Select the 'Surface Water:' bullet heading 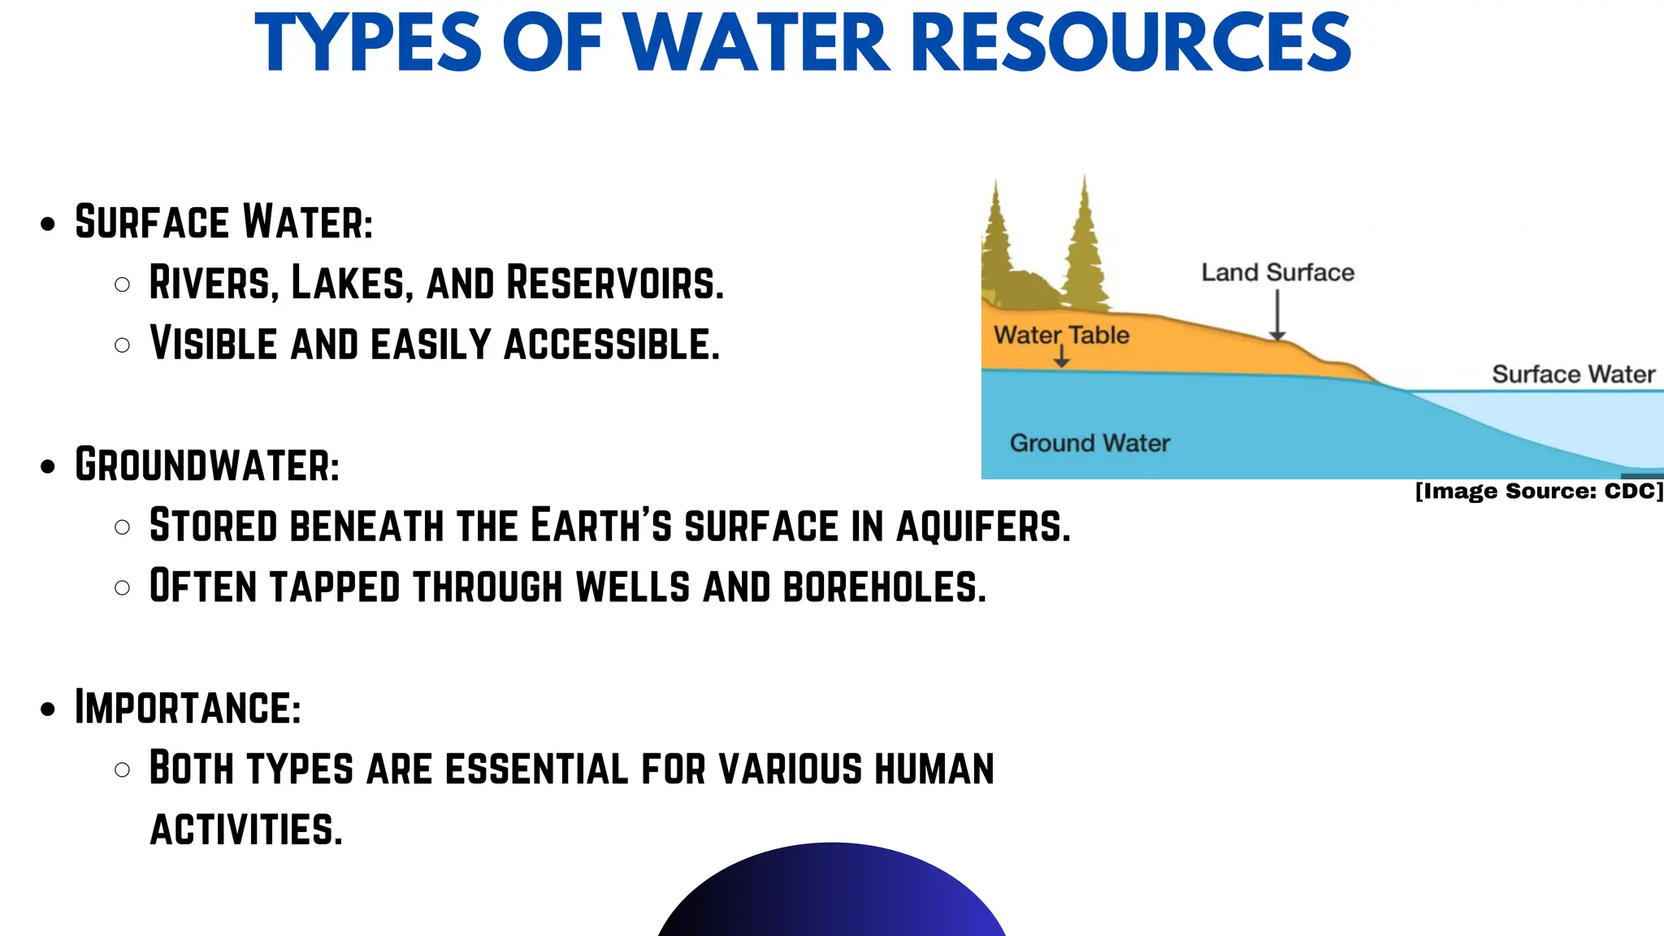point(223,222)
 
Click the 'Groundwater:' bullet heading point(207,465)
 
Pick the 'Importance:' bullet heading point(188,707)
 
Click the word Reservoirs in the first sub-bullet point(614,283)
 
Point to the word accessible point(612,344)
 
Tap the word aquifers point(983,526)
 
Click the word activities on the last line point(246,830)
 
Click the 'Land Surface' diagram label point(1277,273)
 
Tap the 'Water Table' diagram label point(1061,335)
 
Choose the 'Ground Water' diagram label point(1090,443)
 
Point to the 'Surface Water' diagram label point(1573,375)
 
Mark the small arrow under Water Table point(1061,357)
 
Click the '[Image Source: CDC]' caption point(1539,492)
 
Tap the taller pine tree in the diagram point(1085,244)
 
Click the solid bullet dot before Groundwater point(48,467)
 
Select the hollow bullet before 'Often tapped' point(123,587)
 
